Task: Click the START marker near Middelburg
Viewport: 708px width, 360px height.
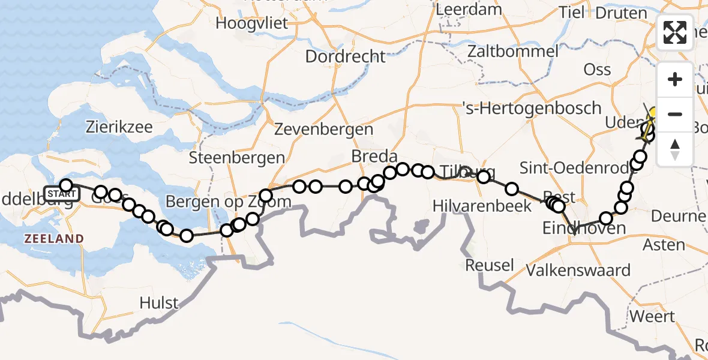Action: pyautogui.click(x=61, y=194)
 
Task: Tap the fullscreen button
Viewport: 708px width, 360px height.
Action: pyautogui.click(x=675, y=32)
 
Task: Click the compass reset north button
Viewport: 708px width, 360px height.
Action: pyautogui.click(x=675, y=149)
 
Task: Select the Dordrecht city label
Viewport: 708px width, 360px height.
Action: pyautogui.click(x=345, y=56)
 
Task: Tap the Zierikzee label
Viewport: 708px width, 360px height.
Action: pyautogui.click(x=119, y=127)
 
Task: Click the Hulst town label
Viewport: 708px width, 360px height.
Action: pyautogui.click(x=159, y=302)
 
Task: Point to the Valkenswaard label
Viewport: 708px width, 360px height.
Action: pyautogui.click(x=578, y=270)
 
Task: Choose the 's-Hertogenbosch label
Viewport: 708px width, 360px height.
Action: pyautogui.click(x=532, y=109)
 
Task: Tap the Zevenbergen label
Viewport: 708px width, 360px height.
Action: pyautogui.click(x=323, y=129)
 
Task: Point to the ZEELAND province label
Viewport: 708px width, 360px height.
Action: pyautogui.click(x=54, y=239)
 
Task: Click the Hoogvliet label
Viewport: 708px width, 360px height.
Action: pyautogui.click(x=252, y=24)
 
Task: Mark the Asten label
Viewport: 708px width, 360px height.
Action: pyautogui.click(x=664, y=245)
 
